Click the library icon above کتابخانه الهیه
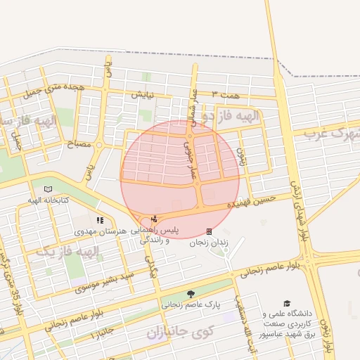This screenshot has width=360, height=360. point(48,189)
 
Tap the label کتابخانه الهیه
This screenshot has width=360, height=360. point(48,200)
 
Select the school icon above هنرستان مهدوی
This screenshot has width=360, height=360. point(99,220)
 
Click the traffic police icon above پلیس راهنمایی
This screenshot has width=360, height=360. point(155,219)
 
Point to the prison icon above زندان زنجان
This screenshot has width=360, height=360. point(209,231)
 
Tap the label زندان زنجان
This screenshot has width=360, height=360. point(209,243)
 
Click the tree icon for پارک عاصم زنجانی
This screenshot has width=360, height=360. point(191,294)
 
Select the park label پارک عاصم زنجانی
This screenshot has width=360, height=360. point(191,305)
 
